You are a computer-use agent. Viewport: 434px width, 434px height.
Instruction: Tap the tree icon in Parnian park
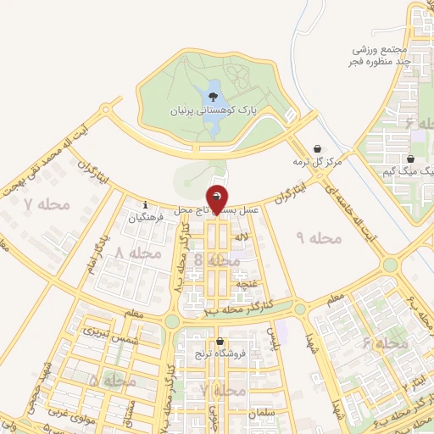coord(213,95)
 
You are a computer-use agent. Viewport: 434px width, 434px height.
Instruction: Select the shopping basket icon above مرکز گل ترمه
coord(318,147)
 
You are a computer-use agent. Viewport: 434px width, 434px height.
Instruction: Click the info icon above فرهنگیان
coord(146,204)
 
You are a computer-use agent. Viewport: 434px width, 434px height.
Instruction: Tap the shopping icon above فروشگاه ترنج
coord(220,341)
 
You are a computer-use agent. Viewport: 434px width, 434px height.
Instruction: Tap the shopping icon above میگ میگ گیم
coord(410,159)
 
